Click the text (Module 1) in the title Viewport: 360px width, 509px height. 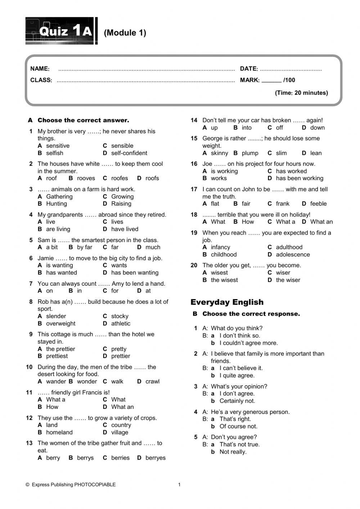tap(125, 33)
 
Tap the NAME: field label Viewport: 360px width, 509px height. tap(40, 69)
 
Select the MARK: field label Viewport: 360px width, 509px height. tap(249, 80)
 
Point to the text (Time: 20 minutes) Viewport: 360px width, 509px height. tap(301, 93)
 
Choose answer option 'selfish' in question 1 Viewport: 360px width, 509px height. tap(54, 153)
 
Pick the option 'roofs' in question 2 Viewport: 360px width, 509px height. tap(152, 178)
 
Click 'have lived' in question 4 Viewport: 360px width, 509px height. tap(125, 229)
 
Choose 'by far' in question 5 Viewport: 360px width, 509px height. tap(84, 247)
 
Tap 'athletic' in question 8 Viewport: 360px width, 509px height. tap(121, 324)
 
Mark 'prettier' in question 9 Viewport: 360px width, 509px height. tap(121, 356)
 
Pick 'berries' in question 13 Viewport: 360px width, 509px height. tap(120, 458)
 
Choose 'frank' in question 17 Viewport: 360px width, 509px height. tap(282, 204)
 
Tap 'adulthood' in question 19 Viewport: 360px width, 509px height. tap(289, 247)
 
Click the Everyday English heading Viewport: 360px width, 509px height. tap(227, 302)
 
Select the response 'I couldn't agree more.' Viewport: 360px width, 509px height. tap(248, 343)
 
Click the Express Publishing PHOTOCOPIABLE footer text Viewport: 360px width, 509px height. tap(73, 485)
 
